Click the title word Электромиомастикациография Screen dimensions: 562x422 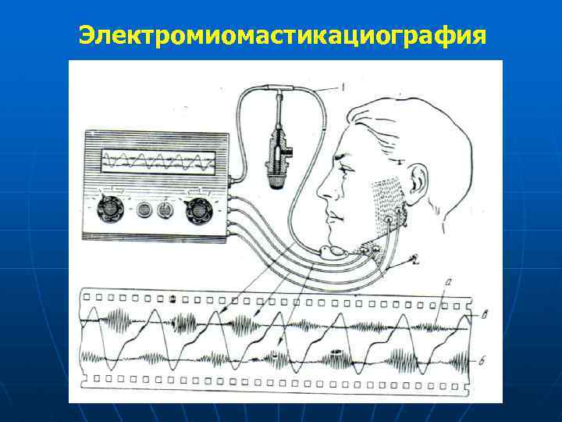281,35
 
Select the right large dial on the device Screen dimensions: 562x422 198,209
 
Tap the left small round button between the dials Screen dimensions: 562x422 144,209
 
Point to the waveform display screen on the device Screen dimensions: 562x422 156,163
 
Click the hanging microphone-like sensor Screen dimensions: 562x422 277,152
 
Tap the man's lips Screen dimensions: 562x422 333,213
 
